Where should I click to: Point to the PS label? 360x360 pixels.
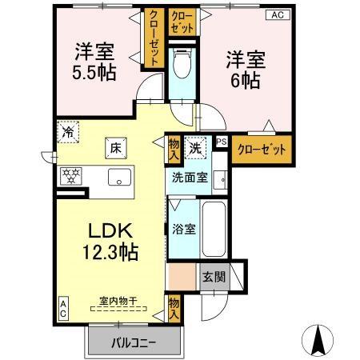222,143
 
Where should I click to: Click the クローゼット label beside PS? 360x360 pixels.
261,150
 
